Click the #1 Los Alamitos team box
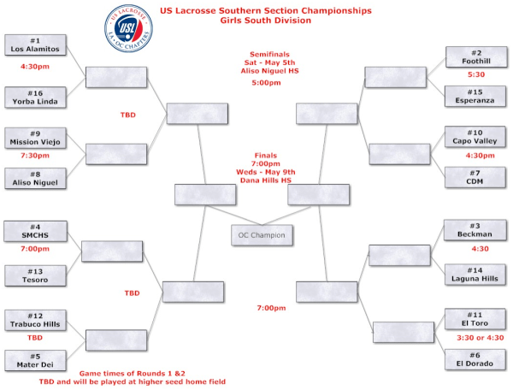click(35, 45)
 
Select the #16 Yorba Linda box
click(35, 98)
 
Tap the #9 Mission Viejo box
click(35, 139)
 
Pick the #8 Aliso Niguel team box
click(35, 178)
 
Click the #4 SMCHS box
click(35, 232)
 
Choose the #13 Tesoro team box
click(35, 275)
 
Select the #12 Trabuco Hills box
click(35, 321)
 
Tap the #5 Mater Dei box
click(35, 361)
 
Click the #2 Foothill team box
click(476, 57)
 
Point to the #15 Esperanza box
click(476, 97)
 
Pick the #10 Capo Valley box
click(476, 138)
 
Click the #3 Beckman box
click(476, 231)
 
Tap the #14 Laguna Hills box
click(476, 274)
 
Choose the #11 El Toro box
click(476, 320)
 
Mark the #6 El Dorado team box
click(476, 360)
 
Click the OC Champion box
click(262, 234)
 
